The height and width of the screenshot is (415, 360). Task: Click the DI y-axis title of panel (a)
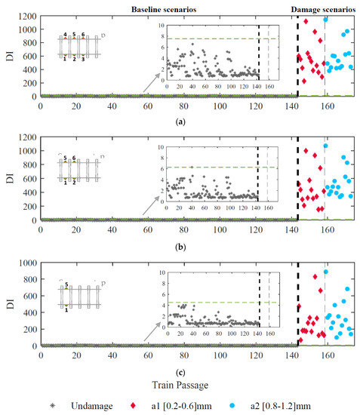coord(9,55)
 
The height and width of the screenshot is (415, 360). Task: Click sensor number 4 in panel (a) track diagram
coord(65,35)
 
